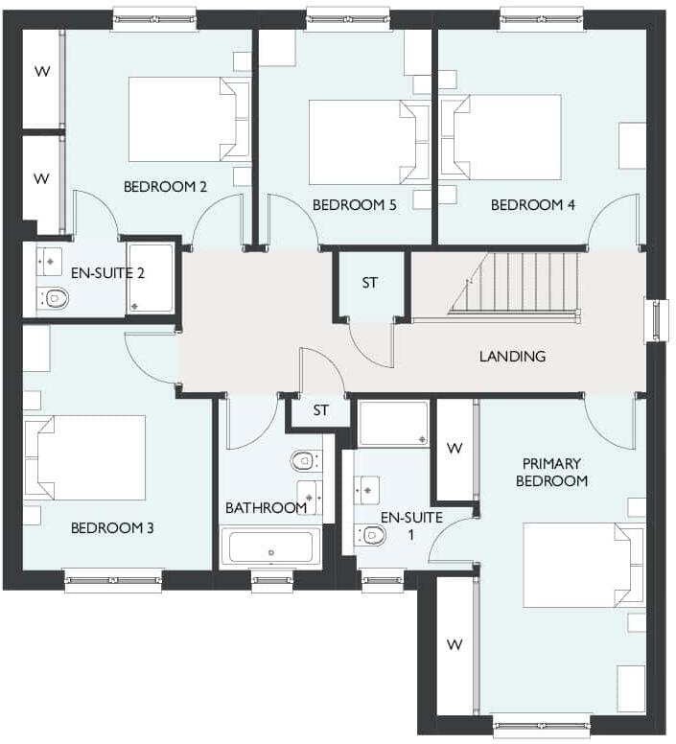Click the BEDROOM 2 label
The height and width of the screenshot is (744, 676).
pos(165,186)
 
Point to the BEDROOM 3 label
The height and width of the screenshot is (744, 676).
pos(112,527)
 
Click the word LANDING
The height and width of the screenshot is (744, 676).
pos(512,356)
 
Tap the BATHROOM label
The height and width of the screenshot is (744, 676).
pos(266,507)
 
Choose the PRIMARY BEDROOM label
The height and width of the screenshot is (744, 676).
pos(551,471)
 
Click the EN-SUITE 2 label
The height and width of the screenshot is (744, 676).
pos(108,272)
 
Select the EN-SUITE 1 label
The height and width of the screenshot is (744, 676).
pos(411,523)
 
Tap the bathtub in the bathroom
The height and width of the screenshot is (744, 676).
pos(270,549)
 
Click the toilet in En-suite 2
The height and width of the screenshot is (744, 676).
pos(56,298)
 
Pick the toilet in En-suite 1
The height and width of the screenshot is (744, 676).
pos(372,534)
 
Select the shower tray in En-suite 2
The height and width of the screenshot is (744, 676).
pos(151,278)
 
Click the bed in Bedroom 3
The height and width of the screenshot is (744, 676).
pos(85,457)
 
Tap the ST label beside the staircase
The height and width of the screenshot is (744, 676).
pos(369,283)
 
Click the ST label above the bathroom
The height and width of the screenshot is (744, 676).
pos(320,410)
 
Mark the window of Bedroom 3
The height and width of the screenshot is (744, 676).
pos(112,579)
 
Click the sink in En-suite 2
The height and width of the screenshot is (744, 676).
pos(49,260)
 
